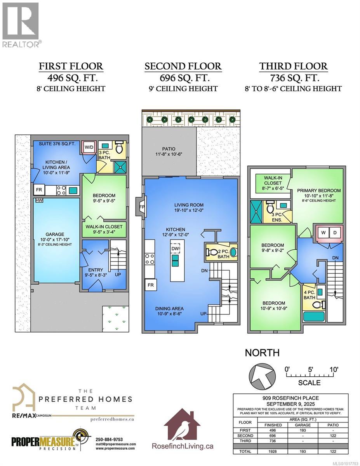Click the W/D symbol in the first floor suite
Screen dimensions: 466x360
(x=89, y=147)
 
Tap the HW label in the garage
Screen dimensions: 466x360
(x=39, y=200)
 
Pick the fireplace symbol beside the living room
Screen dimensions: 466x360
(x=141, y=207)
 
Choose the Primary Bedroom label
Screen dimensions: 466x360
(x=319, y=190)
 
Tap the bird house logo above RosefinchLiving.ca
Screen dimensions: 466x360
(x=183, y=424)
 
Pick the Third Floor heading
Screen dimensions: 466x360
(x=294, y=66)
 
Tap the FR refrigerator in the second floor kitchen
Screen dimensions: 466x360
(x=150, y=286)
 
